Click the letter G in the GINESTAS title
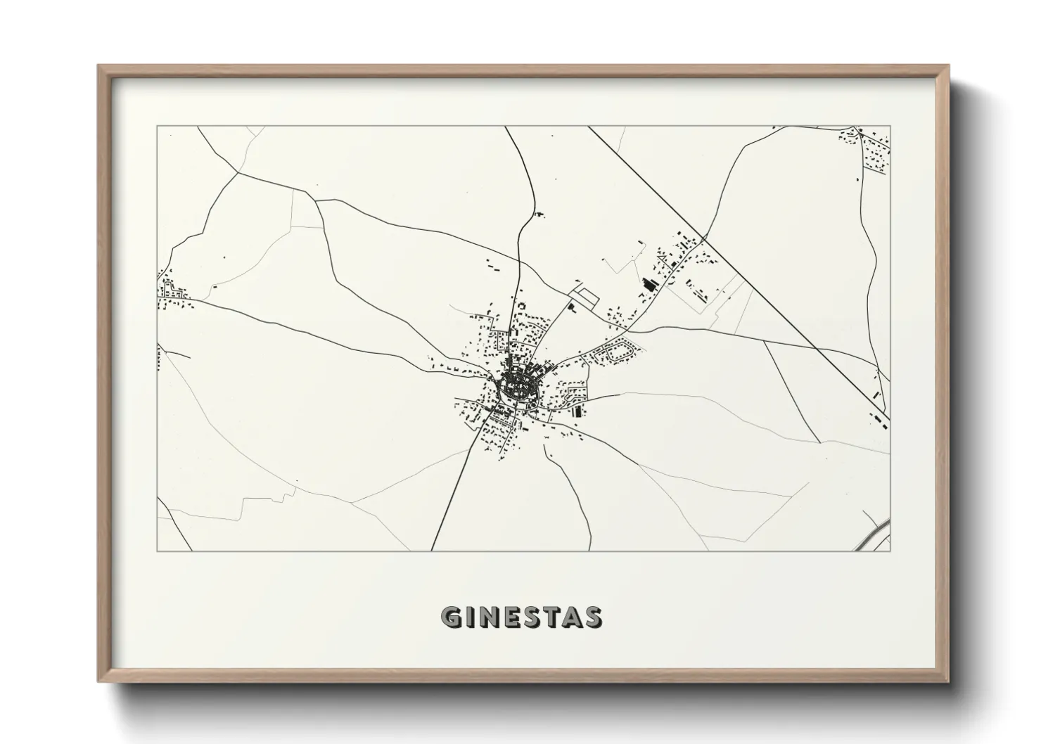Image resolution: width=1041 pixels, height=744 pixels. point(452,617)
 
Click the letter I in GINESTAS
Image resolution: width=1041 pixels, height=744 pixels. point(470,617)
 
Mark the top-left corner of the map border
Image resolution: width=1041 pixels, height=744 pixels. point(158,127)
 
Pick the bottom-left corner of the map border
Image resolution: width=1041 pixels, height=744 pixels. point(158,551)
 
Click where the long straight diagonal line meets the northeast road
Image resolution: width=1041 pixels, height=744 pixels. point(703,238)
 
